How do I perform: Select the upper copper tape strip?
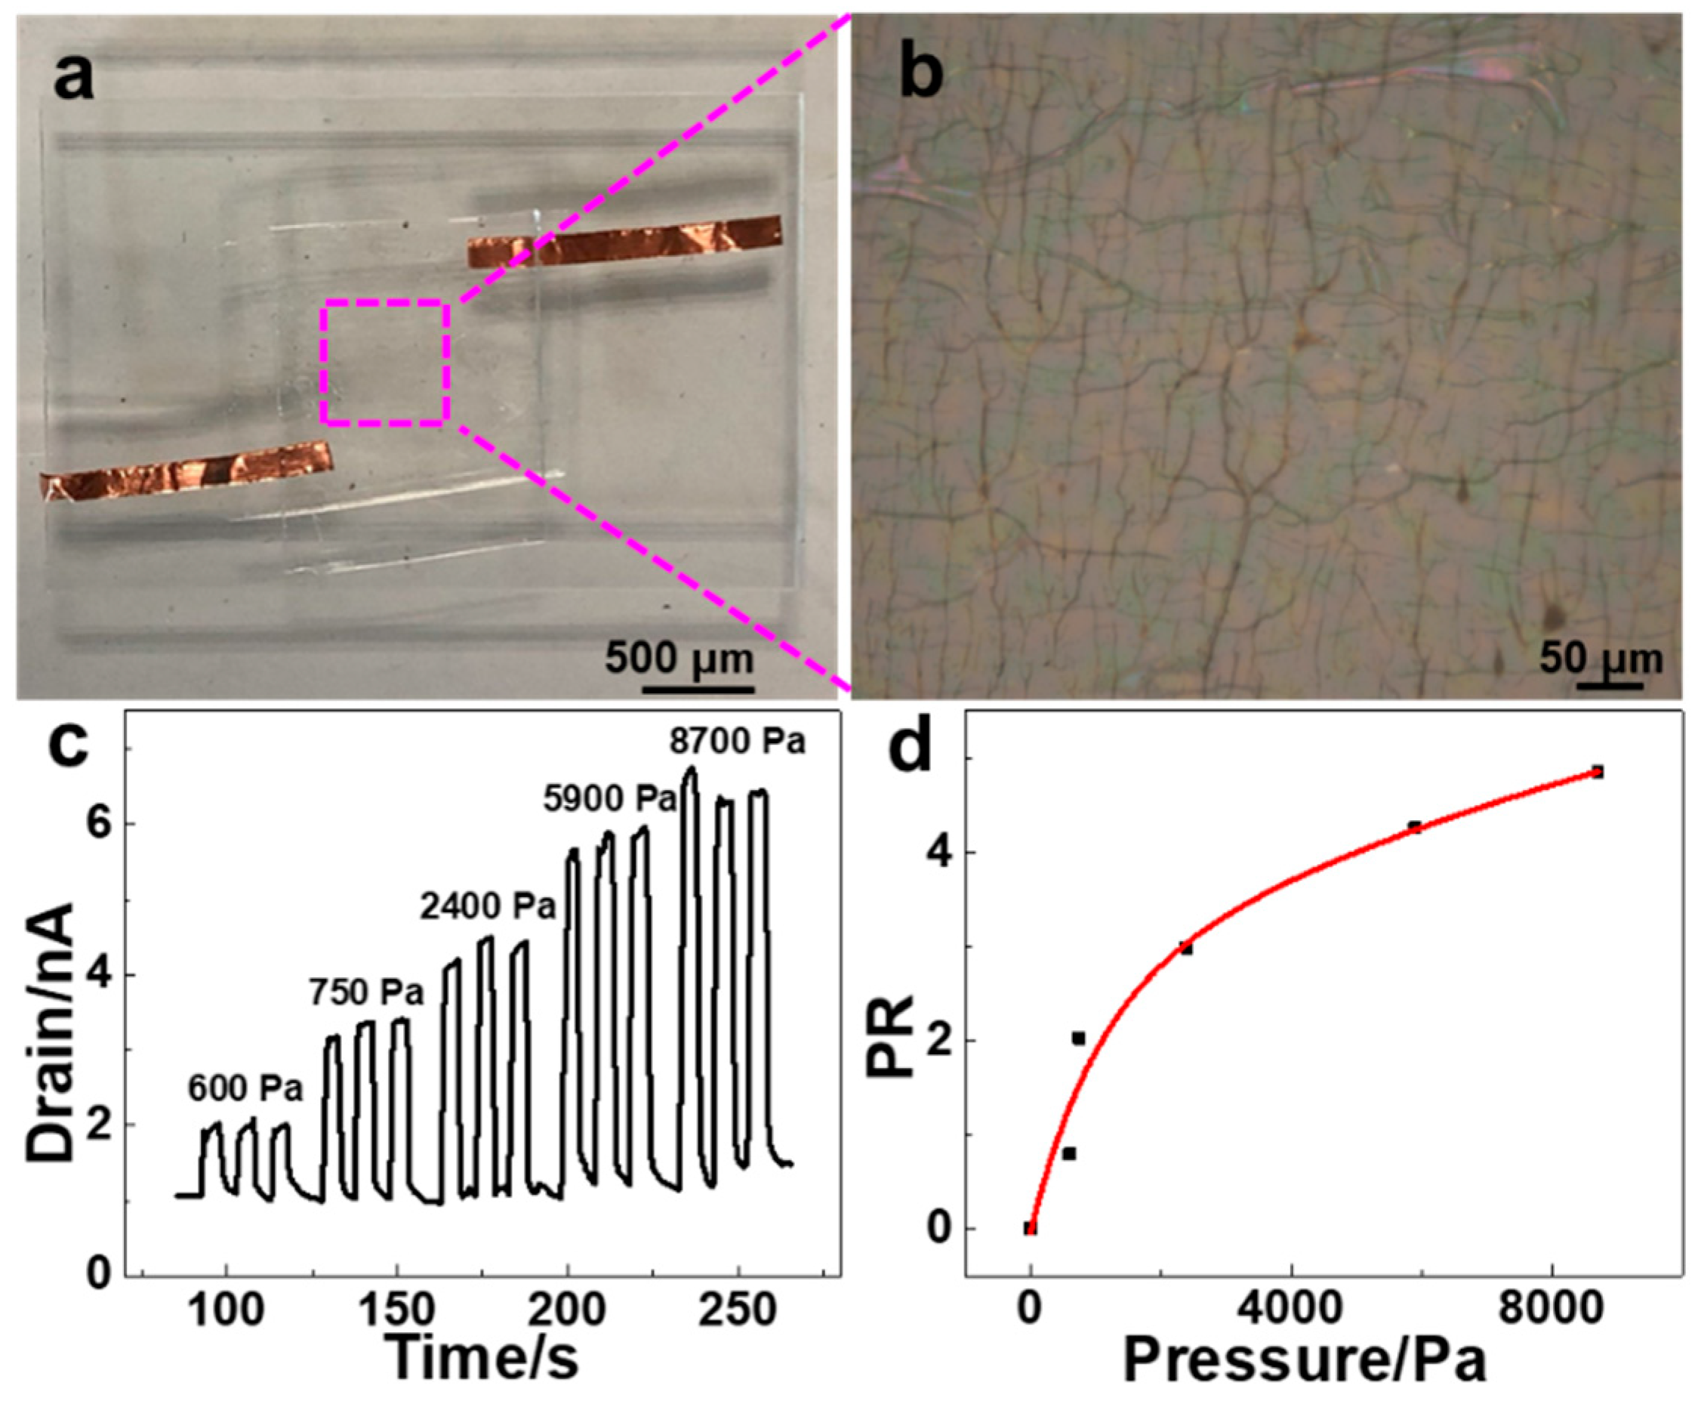[624, 240]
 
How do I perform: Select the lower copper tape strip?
[186, 470]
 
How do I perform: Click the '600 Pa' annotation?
[246, 1088]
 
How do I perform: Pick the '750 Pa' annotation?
[366, 992]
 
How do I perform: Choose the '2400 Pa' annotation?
[488, 907]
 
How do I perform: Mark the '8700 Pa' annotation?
[738, 742]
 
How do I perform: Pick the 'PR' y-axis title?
[889, 1038]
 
